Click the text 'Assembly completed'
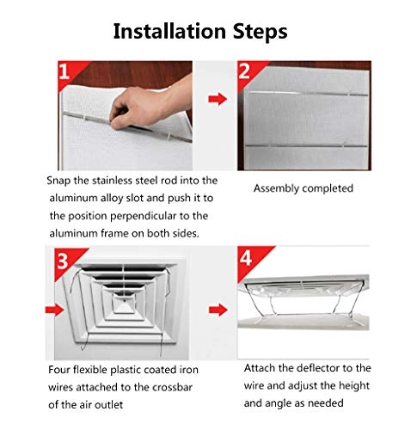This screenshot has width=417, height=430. tap(303, 187)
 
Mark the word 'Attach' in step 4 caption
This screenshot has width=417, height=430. tap(261, 367)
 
